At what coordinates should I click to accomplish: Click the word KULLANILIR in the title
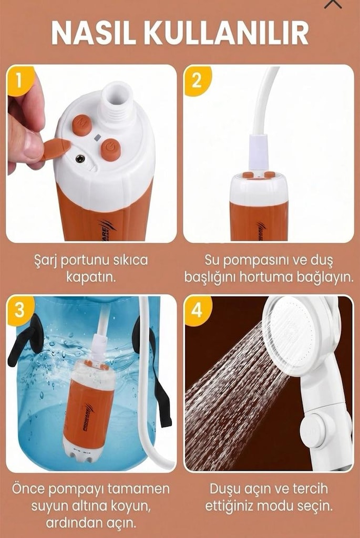(226, 33)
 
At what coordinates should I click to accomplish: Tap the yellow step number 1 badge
(19, 80)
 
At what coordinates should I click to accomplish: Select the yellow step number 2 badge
(197, 80)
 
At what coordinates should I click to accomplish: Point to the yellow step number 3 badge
(19, 310)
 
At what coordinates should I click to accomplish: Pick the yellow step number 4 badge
(197, 310)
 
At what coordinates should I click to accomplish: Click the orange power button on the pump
(110, 150)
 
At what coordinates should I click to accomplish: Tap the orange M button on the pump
(81, 125)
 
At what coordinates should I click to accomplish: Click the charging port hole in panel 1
(81, 159)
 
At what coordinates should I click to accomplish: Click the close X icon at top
(333, 3)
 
